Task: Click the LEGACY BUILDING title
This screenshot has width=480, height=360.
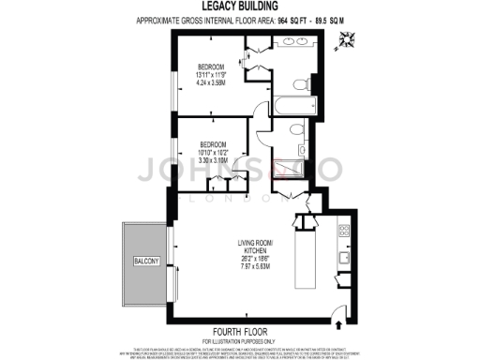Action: pyautogui.click(x=239, y=7)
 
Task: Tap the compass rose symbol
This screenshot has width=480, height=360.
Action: pyautogui.click(x=349, y=38)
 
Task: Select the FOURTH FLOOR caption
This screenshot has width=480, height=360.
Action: pyautogui.click(x=241, y=332)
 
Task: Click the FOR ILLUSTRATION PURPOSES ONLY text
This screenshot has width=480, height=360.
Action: pyautogui.click(x=241, y=340)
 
